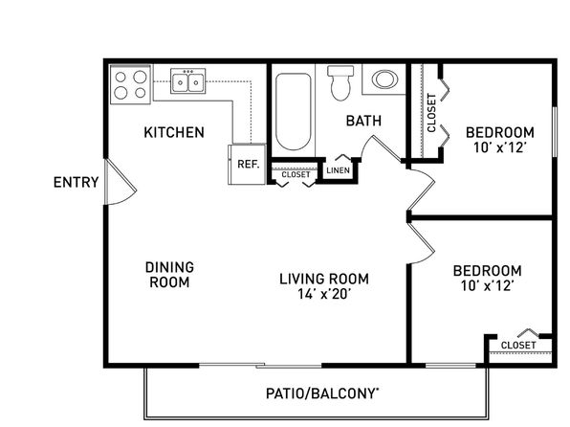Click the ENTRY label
coord(76,182)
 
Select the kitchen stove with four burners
coord(130,85)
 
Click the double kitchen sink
coord(188,80)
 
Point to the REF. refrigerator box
coord(247,164)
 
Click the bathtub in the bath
coord(293,111)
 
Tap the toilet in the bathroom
coord(340,82)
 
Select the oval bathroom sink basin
coord(385,79)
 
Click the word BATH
coord(363,121)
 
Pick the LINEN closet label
coord(338,170)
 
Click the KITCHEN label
coord(174,132)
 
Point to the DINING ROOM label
coord(169,275)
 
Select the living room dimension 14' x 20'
coord(324,294)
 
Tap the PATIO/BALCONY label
coord(322,393)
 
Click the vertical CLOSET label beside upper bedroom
coord(431,113)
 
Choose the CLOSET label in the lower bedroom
coord(518,345)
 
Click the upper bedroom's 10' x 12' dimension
coord(500,147)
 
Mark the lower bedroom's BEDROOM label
coord(487,271)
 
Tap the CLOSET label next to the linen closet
coord(296,175)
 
